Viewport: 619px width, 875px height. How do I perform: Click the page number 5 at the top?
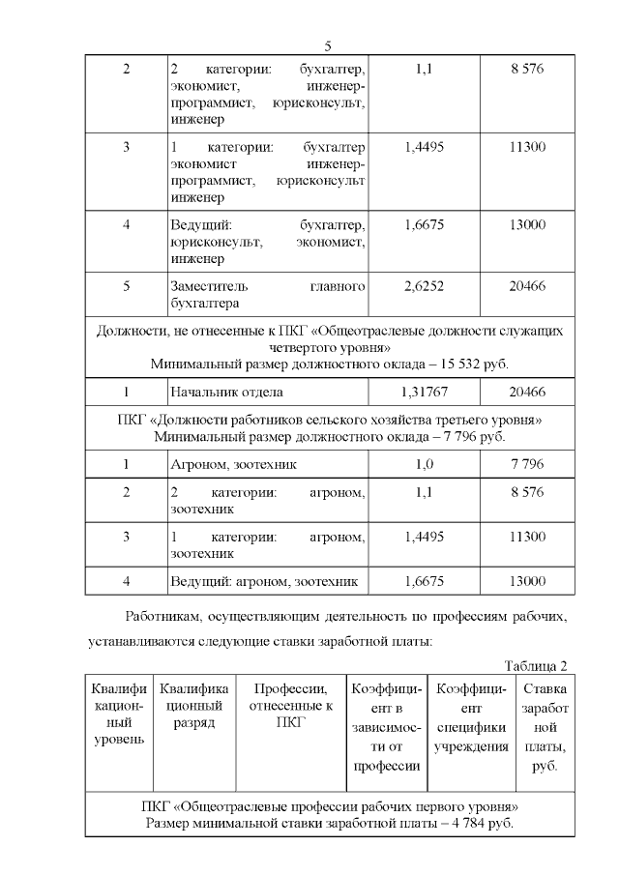point(328,46)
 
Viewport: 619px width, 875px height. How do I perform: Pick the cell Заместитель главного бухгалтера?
point(267,296)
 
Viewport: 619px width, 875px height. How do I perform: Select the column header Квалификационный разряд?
point(194,706)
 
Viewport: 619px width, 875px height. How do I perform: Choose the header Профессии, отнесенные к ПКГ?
point(290,706)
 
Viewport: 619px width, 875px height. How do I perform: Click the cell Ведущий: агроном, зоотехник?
point(264,581)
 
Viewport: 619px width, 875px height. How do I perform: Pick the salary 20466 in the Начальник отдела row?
point(527,392)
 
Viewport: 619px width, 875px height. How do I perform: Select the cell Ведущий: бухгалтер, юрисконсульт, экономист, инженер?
point(267,242)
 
